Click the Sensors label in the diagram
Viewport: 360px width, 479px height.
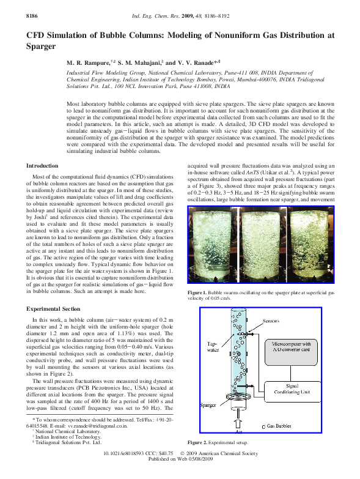(270, 321)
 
